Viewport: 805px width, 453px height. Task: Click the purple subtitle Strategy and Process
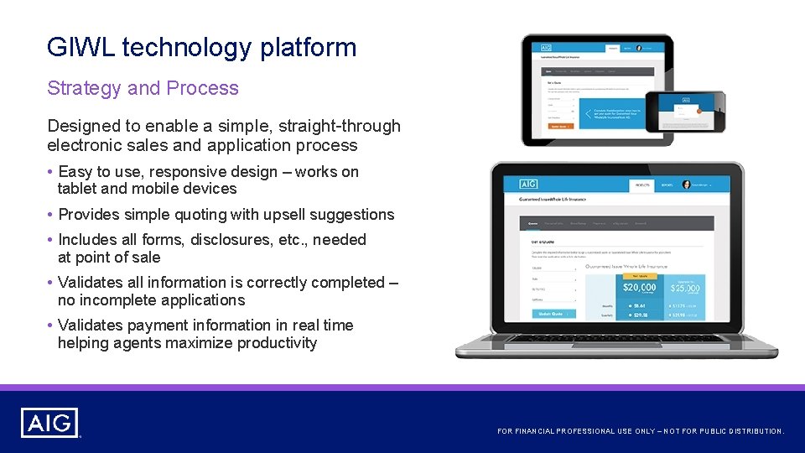pos(143,88)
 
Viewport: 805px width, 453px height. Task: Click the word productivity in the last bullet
pos(277,343)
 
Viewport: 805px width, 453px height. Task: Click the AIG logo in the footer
pos(50,423)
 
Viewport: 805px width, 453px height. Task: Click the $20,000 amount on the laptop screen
pos(640,287)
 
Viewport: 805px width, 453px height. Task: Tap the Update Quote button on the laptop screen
pos(553,314)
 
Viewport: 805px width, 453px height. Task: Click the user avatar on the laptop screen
pos(687,185)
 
